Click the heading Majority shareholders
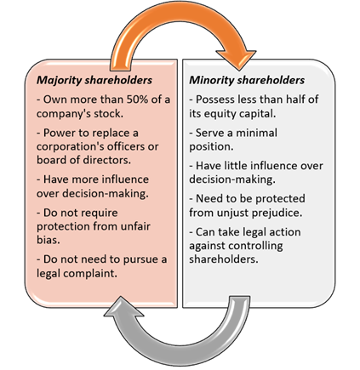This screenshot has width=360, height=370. pos(94,80)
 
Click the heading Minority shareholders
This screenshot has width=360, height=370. pos(247,80)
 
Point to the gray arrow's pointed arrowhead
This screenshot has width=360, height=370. pos(123,307)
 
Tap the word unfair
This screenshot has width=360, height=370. pos(135,226)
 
